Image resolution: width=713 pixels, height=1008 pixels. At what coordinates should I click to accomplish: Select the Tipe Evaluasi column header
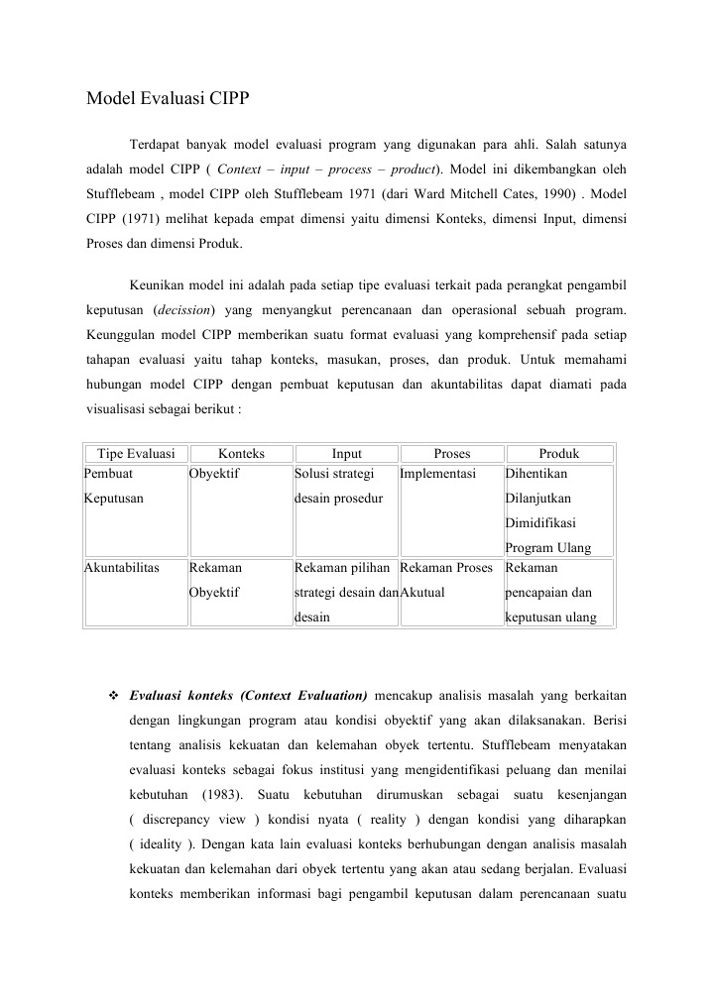point(136,454)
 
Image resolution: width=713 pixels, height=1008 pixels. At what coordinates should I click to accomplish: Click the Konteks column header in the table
point(241,454)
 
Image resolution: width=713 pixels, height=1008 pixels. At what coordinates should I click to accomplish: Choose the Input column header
point(346,454)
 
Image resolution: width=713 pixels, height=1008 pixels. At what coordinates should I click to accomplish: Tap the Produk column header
point(559,454)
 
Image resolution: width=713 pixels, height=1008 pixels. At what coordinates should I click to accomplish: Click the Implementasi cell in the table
point(438,474)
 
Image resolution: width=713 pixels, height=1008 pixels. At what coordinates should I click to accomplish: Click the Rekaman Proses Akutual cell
point(446,581)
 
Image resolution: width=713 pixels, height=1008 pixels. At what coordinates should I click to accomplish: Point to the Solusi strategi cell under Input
point(333,474)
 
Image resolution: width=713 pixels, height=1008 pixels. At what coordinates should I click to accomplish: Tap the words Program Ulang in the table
point(547,547)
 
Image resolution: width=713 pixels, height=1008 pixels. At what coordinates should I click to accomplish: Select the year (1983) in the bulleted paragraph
point(226,796)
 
